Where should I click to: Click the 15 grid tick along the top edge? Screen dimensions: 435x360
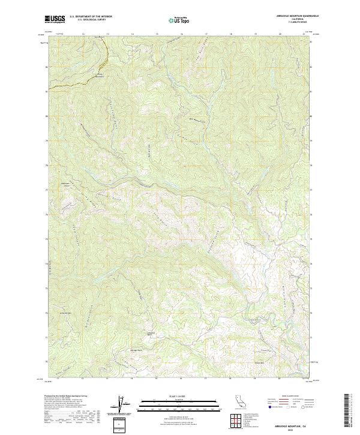tap(157, 34)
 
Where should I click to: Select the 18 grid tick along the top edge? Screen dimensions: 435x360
tap(231, 34)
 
